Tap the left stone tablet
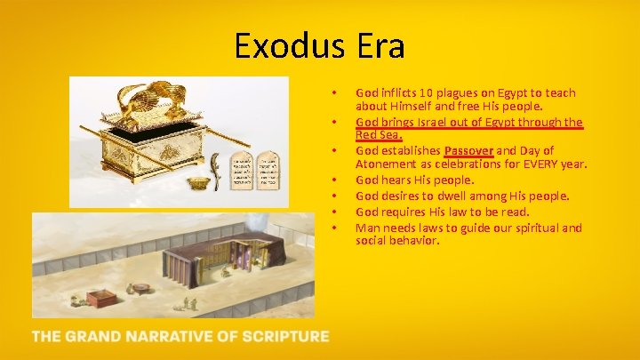tap(241, 172)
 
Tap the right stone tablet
tap(267, 172)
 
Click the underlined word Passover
tap(468, 151)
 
